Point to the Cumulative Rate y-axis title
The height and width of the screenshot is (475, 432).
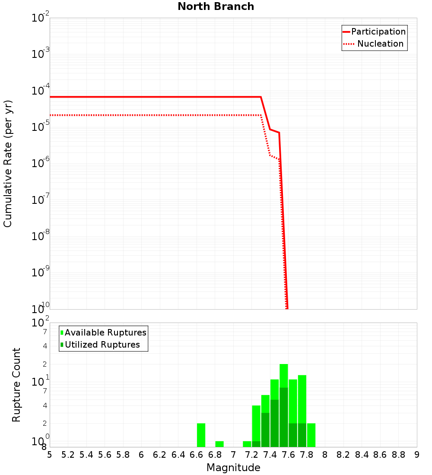[x=8, y=163]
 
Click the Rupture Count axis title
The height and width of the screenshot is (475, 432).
[x=16, y=385]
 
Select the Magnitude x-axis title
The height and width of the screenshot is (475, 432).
[x=233, y=468]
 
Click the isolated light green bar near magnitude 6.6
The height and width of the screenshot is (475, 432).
[x=201, y=435]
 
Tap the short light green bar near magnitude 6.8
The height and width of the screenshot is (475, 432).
[x=219, y=444]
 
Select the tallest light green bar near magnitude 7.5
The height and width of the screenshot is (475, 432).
[x=284, y=376]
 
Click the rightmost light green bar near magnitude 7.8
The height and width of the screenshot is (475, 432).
[x=311, y=435]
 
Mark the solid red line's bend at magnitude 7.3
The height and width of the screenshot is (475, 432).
[x=261, y=97]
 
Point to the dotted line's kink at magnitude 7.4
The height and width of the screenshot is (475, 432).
[x=270, y=155]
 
